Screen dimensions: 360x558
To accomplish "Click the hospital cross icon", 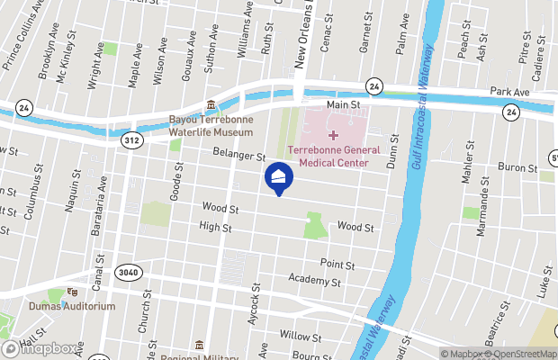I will (333, 134).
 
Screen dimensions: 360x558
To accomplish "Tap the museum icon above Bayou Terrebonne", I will (211, 105).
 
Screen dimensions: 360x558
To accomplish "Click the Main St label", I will (343, 105).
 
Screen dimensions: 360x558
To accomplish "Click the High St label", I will (216, 227).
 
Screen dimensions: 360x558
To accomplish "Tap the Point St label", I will (338, 265).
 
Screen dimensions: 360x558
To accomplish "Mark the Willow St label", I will (301, 337).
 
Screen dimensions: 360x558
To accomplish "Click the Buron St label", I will (517, 167).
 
